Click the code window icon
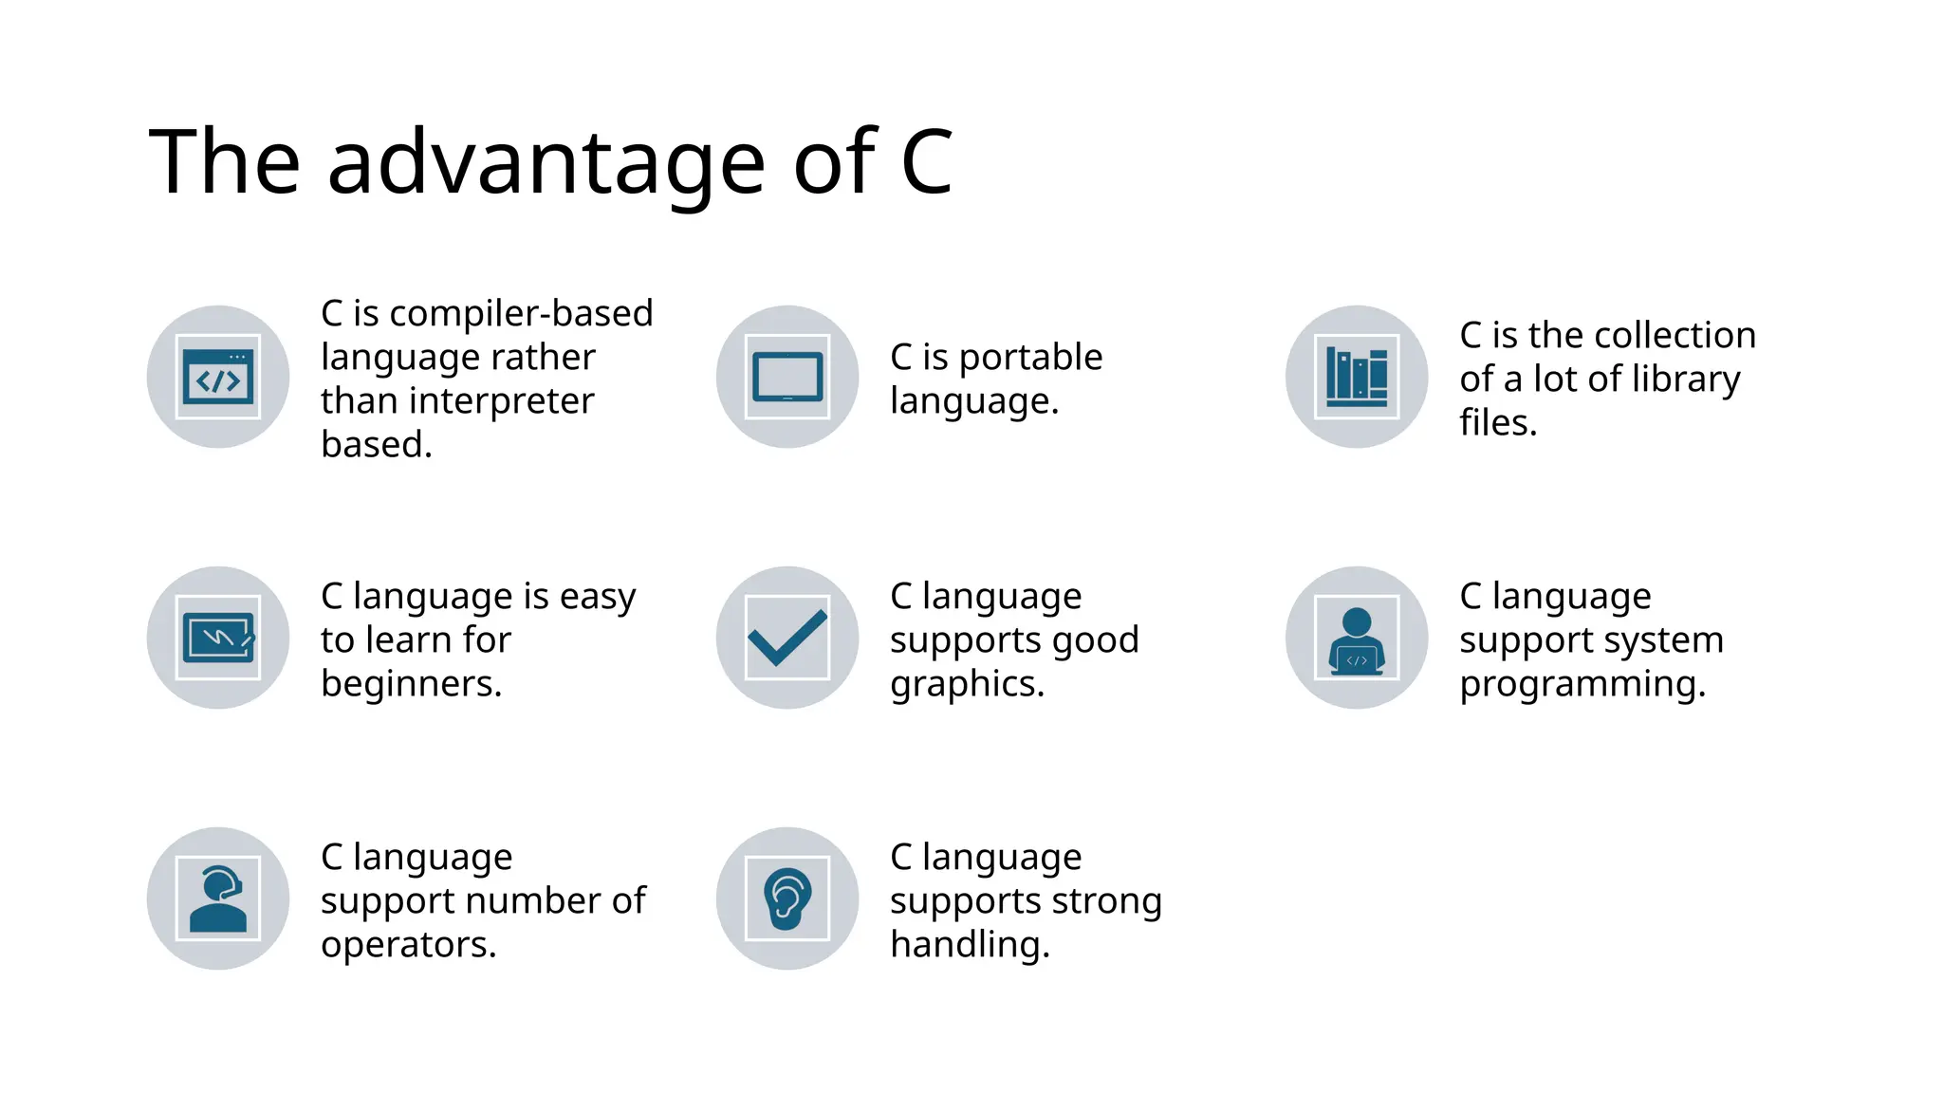218,377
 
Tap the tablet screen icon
787,377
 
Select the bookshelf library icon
1357,377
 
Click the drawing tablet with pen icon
218,638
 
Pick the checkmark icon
787,638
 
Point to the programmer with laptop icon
1357,638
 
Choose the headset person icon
218,898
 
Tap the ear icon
787,898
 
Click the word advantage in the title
546,163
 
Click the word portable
1030,358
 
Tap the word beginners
411,684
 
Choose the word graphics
967,684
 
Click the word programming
1582,684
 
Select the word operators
408,945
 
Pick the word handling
970,945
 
